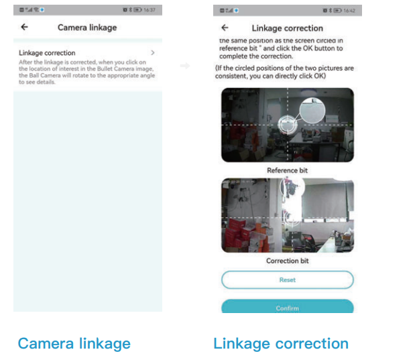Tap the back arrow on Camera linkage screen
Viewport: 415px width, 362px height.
click(25, 27)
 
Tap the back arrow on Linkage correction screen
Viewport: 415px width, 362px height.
click(225, 28)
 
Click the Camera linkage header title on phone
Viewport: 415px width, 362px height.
click(87, 27)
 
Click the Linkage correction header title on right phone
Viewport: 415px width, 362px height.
click(287, 28)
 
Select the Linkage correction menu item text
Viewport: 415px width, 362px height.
click(47, 53)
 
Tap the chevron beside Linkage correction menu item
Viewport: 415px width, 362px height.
click(153, 52)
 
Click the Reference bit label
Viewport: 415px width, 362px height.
click(287, 170)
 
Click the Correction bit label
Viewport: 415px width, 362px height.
click(287, 261)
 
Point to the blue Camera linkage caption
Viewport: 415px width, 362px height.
click(74, 344)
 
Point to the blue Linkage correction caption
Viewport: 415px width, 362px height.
click(281, 344)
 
